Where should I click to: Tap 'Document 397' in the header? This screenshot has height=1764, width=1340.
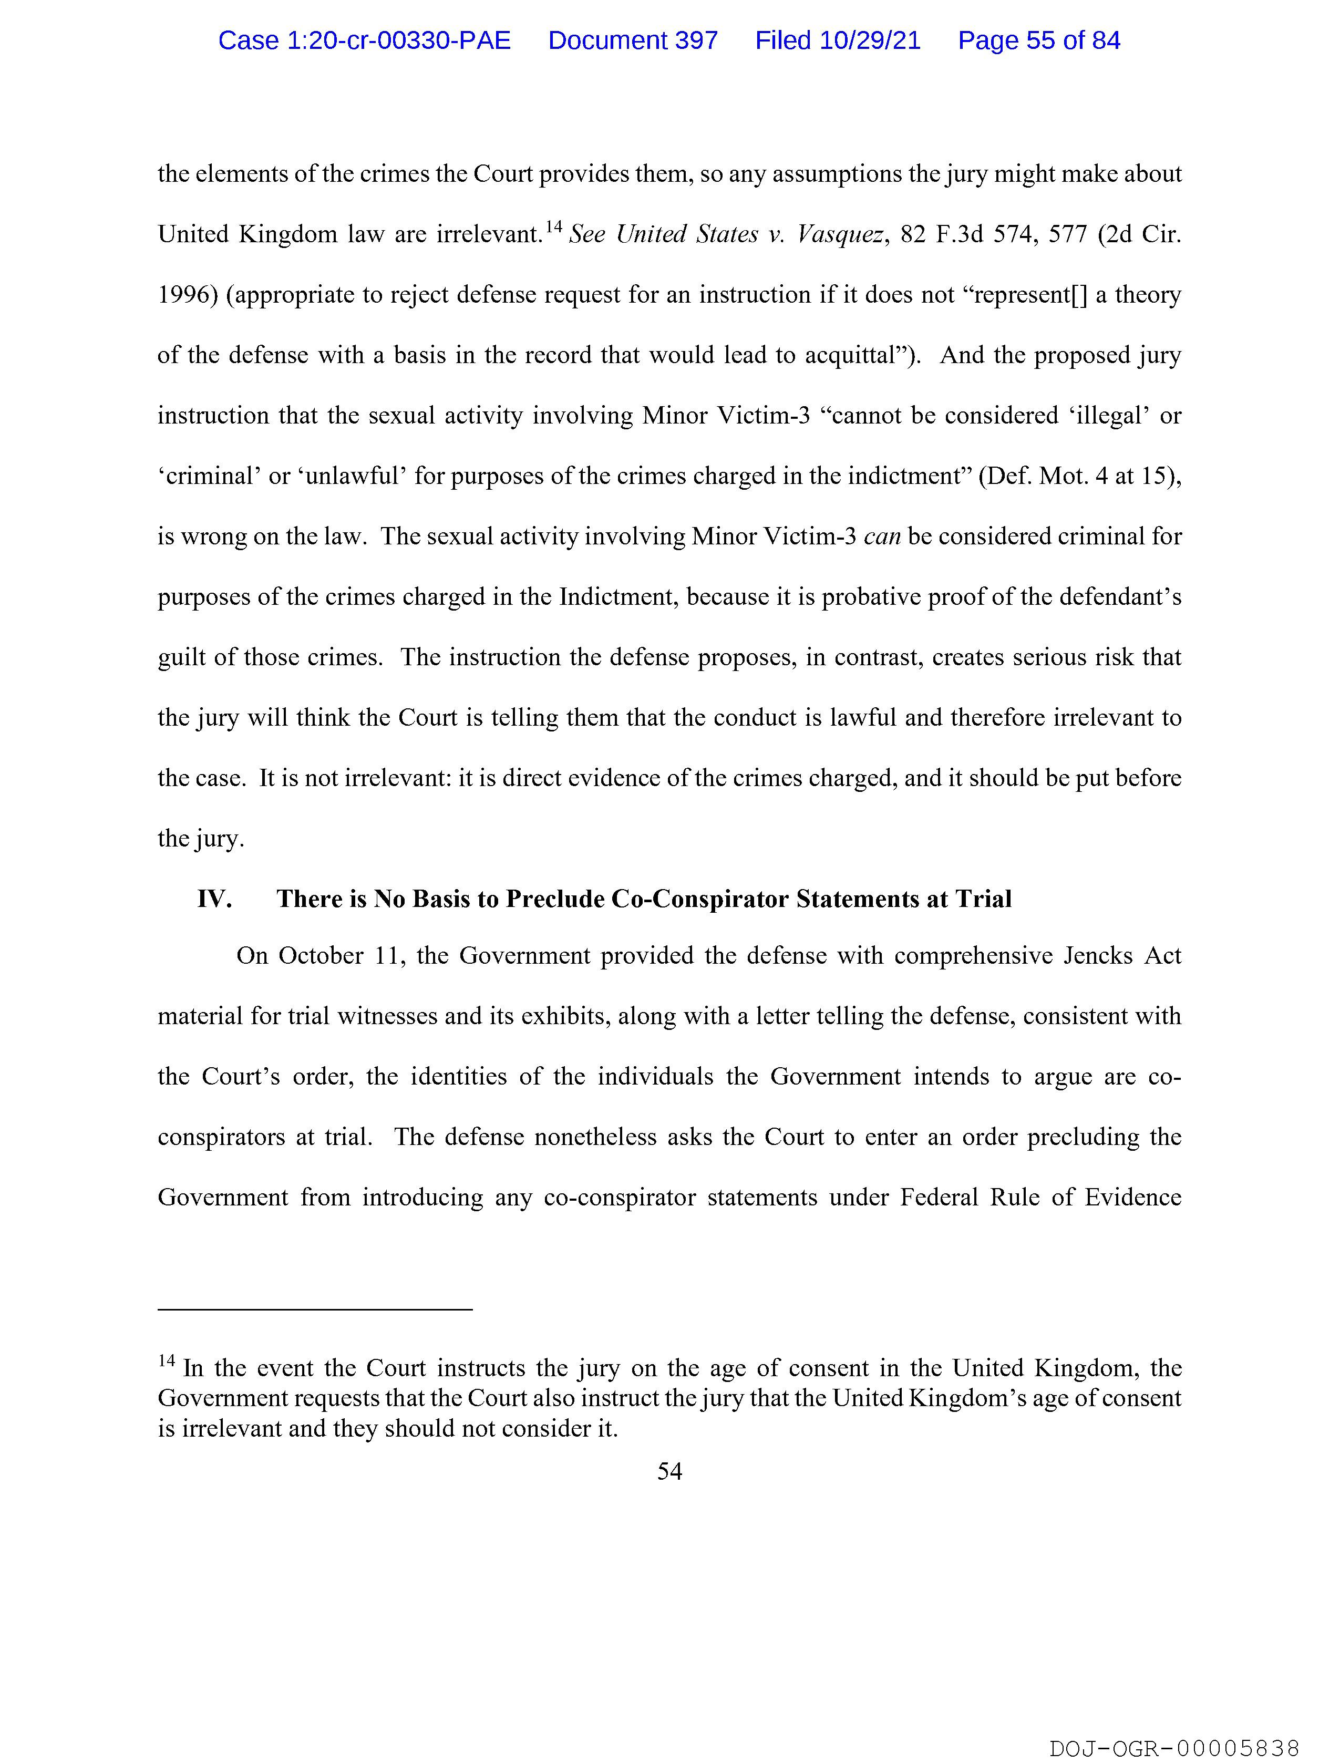click(633, 40)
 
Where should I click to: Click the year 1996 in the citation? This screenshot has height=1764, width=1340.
click(184, 295)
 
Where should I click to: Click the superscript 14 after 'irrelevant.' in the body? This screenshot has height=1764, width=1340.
click(553, 228)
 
